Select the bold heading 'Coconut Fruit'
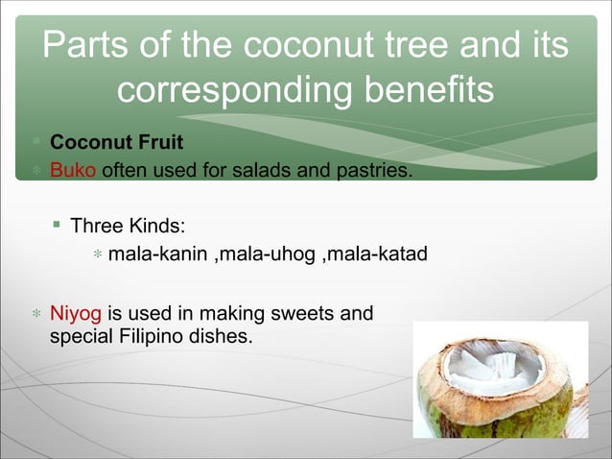pos(116,144)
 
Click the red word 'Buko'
pos(72,171)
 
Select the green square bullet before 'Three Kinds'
pos(58,226)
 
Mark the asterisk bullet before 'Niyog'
pos(35,314)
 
